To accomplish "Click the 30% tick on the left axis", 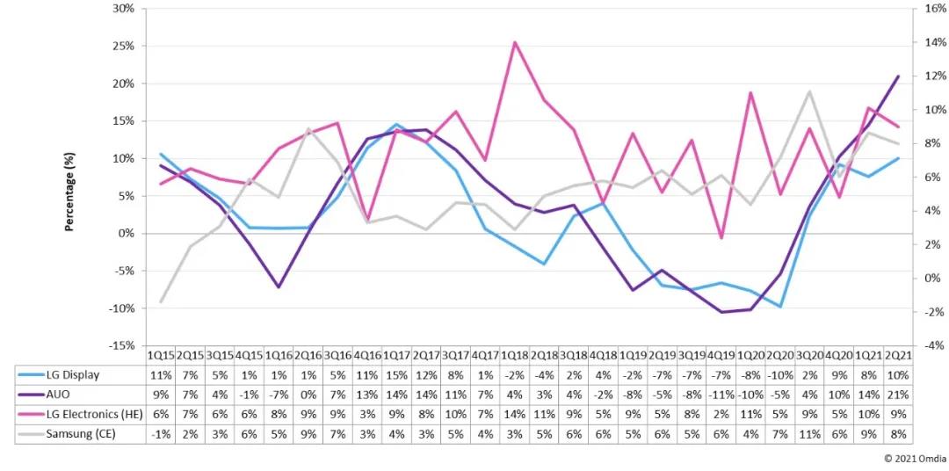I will point(123,9).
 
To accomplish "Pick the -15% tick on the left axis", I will point(121,345).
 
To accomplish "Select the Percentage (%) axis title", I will point(68,192).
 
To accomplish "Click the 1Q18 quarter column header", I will point(515,354).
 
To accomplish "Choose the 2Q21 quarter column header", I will point(897,354).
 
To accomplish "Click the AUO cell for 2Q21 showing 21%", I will point(897,394).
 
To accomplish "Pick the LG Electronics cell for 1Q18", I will point(515,414).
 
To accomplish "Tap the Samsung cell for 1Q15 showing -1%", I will point(161,434).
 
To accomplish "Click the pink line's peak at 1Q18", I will point(515,42).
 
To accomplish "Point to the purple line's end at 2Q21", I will point(897,76).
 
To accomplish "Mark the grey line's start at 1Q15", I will point(161,301).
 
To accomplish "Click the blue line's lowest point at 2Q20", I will point(779,307).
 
